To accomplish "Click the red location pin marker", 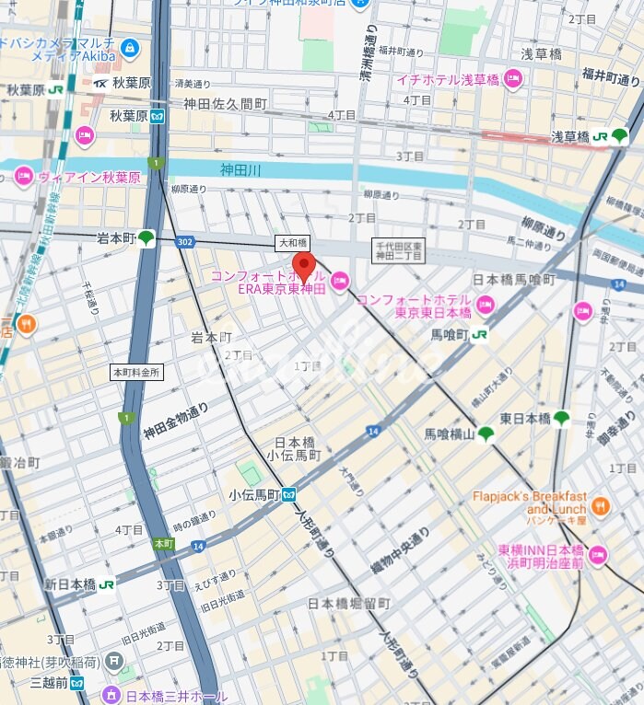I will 304,265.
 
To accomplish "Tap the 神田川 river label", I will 240,169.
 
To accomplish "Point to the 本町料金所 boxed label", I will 135,373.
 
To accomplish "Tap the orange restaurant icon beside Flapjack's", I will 601,504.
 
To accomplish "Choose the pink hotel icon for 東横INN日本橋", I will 598,554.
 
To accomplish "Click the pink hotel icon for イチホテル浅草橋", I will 513,79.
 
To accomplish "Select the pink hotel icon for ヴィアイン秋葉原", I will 23,178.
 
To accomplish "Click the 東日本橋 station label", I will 525,419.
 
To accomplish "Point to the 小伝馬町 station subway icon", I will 289,494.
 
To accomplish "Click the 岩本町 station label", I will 116,238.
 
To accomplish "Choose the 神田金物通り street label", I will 175,421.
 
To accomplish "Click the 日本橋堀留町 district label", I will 349,604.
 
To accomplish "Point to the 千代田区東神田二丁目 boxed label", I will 397,250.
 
